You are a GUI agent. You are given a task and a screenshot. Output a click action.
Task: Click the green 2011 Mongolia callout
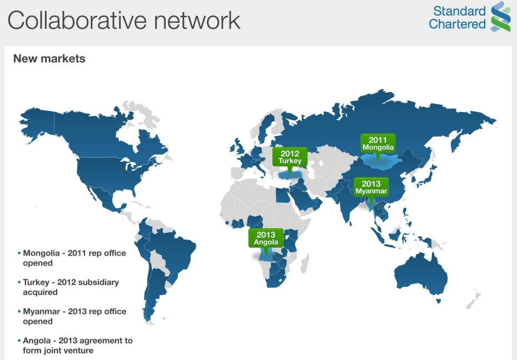[x=377, y=144]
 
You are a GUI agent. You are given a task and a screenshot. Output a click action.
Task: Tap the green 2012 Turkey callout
[x=290, y=157]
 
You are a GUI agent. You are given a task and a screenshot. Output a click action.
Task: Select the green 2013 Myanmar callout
[x=371, y=187]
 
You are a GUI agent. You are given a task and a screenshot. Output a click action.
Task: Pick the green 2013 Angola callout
[x=266, y=238]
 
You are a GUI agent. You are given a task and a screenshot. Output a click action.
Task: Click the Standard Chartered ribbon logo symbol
[x=501, y=17]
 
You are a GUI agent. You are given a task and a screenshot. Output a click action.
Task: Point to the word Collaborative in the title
[x=77, y=21]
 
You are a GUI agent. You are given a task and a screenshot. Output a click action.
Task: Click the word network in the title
[x=197, y=21]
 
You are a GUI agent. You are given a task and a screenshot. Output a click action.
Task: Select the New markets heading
[x=49, y=59]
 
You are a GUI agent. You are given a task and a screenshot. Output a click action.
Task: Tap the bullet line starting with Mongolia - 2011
[x=72, y=258]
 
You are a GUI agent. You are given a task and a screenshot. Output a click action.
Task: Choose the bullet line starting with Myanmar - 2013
[x=72, y=316]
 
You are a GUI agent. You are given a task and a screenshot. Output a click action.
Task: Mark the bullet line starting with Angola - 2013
[x=76, y=345]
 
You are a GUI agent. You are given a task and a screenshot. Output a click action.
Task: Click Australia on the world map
[x=420, y=275]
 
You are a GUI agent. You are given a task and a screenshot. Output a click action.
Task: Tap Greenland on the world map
[x=142, y=114]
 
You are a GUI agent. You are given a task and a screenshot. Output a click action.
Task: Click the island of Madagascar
[x=305, y=263]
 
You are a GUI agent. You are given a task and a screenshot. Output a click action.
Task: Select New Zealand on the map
[x=474, y=299]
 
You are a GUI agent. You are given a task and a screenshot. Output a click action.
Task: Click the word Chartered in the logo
[x=457, y=24]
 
